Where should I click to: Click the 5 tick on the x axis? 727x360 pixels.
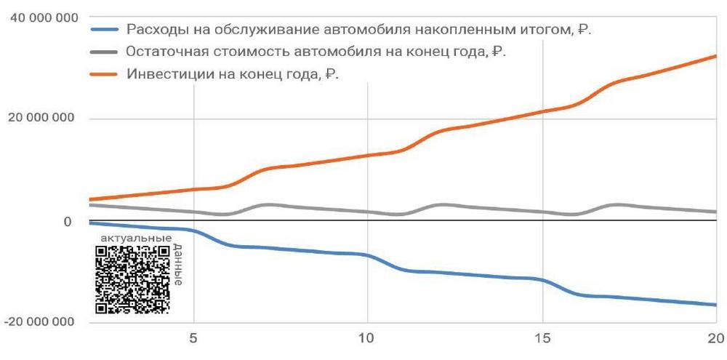click(193, 338)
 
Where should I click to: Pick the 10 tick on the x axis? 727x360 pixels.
click(367, 338)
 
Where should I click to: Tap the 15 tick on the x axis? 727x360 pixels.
click(542, 338)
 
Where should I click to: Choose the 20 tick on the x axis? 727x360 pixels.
click(715, 338)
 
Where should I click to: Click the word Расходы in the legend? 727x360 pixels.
click(153, 31)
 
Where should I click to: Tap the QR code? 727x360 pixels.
click(133, 279)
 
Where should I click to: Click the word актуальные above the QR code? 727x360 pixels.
click(136, 238)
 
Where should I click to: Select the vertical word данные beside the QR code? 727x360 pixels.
click(178, 265)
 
